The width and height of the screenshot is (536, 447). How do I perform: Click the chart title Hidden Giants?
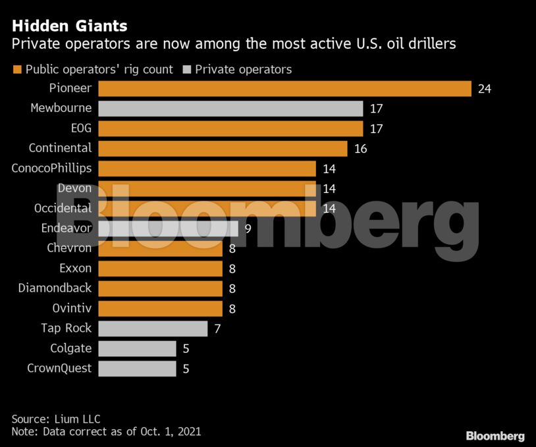[x=69, y=26]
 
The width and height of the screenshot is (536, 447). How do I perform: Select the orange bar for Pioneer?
[x=284, y=89]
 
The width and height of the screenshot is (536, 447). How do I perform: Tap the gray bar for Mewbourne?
[x=230, y=109]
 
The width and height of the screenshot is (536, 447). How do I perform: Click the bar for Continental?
[x=223, y=149]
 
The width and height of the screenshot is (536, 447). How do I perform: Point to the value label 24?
[x=485, y=89]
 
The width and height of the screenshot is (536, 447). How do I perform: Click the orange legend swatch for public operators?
[x=16, y=70]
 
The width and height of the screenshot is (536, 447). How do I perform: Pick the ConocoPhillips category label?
[x=51, y=169]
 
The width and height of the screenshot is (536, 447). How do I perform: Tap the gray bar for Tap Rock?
[x=153, y=329]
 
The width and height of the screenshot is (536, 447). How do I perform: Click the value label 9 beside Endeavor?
[x=248, y=228]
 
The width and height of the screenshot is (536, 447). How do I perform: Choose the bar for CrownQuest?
[x=137, y=369]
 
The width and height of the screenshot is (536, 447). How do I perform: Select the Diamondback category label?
[x=55, y=288]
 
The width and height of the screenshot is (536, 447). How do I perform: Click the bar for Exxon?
[x=160, y=269]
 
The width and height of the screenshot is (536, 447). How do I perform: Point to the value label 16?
[x=360, y=149]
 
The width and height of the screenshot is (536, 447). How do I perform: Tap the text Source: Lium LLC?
[x=56, y=419]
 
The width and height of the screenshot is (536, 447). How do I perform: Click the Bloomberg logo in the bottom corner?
[x=495, y=436]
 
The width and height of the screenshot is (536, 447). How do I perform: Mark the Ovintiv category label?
[x=72, y=308]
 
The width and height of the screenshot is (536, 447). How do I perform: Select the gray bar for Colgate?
[x=137, y=348]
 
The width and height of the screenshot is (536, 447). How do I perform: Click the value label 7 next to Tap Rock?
[x=217, y=329]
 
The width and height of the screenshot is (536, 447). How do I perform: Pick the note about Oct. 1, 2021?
[x=106, y=432]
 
